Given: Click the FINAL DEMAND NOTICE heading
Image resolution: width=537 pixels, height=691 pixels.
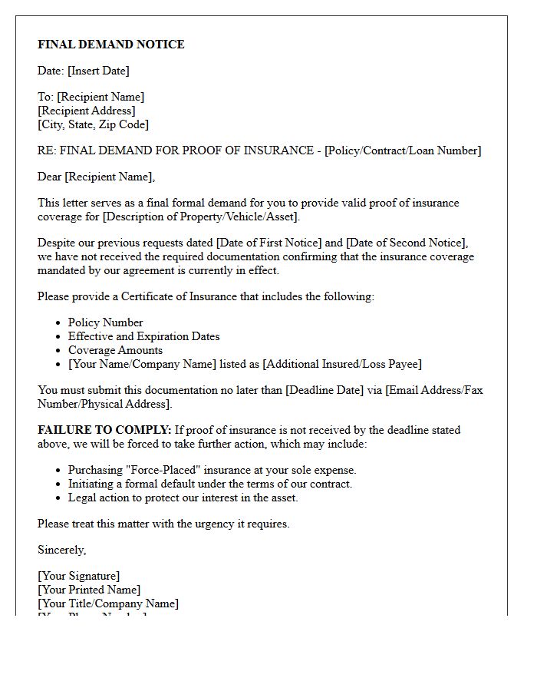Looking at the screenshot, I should tap(111, 45).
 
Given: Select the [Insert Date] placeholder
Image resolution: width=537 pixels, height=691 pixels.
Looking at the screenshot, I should tap(98, 71).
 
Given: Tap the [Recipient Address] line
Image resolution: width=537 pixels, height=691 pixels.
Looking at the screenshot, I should tap(87, 111).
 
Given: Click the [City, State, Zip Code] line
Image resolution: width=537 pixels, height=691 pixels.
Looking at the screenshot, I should tap(93, 124).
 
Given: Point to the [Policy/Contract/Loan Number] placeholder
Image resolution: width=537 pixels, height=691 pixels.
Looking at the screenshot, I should tap(403, 150).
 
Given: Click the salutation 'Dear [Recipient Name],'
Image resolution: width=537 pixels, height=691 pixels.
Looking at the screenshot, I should tap(96, 177).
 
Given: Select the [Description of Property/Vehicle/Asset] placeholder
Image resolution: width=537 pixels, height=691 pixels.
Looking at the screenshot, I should tap(201, 217).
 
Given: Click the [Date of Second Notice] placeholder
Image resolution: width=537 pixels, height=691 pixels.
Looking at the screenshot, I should tap(407, 243).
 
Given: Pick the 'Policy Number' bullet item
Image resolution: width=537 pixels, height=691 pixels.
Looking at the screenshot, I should tap(105, 322).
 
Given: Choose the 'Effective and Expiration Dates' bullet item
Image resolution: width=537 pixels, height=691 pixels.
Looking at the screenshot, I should tap(143, 336).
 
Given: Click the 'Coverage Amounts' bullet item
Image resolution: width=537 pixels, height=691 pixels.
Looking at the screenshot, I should tap(115, 350).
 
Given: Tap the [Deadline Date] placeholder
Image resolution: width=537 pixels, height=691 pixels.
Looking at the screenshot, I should tap(325, 390).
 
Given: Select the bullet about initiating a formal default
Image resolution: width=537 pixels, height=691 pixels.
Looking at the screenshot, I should tap(209, 484).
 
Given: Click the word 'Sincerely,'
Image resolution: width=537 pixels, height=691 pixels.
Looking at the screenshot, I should tap(62, 550).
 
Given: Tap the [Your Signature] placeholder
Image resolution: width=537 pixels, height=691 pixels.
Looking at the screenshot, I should tap(78, 576).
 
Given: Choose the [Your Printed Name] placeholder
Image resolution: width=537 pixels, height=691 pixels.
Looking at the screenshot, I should tap(89, 590).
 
